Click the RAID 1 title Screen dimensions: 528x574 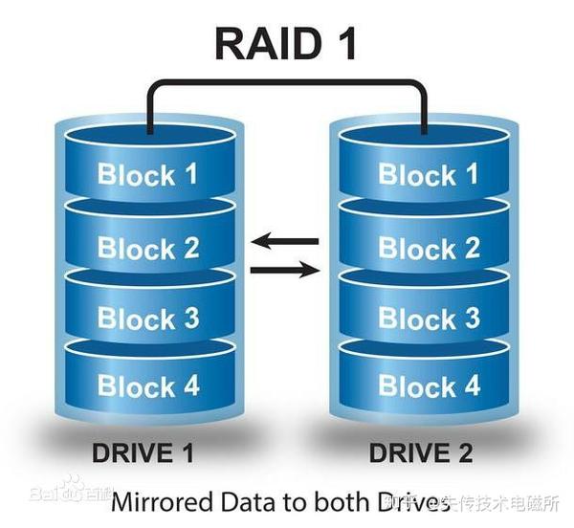coord(286,43)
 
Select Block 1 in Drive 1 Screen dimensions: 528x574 coord(148,175)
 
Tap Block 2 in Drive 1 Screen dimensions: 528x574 coord(148,249)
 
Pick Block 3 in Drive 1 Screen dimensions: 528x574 coord(148,319)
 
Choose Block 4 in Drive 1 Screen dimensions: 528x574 coord(148,386)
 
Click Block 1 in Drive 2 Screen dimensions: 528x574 coord(429,175)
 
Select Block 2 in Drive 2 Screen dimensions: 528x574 coord(429,249)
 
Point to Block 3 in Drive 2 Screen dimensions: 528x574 coord(429,319)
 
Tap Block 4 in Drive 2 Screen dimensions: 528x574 coord(429,386)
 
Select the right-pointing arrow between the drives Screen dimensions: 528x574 coord(284,271)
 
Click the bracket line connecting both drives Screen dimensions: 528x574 coord(286,83)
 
